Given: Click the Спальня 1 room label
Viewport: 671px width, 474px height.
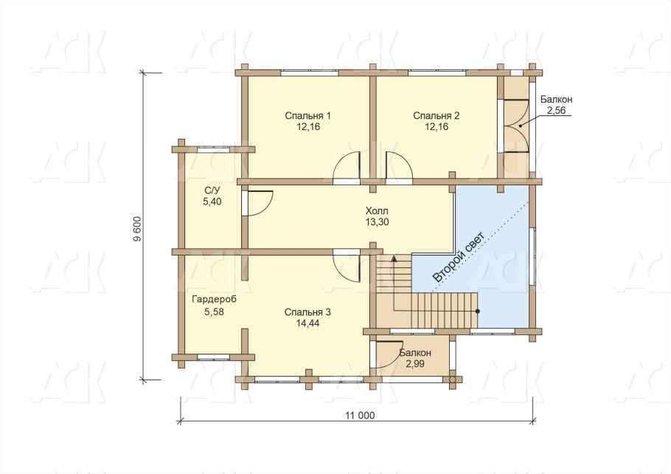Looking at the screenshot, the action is point(307,116).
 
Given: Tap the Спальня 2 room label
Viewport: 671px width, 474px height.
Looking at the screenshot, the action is point(437,116).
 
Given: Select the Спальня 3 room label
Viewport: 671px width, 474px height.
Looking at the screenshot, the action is point(307,312).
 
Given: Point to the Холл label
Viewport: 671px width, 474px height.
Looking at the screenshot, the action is point(377,211).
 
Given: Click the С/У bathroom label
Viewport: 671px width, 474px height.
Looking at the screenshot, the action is point(212,190).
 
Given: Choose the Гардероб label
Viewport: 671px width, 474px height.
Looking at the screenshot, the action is point(214,300).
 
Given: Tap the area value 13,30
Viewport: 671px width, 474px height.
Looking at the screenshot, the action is point(377,221).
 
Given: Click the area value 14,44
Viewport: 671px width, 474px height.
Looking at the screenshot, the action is point(307,323).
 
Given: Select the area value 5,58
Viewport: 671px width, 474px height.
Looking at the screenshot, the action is point(214,312).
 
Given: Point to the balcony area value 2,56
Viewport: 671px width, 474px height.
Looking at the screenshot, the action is point(556,110).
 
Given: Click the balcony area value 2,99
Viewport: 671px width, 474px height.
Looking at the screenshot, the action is point(415,364).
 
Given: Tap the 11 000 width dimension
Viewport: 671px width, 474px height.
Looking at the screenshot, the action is point(360,415).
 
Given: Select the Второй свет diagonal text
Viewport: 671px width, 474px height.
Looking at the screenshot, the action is point(459,257).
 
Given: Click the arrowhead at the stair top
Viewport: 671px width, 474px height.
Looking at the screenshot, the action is point(394,258).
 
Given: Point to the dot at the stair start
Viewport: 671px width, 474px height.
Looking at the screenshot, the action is point(478,311).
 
